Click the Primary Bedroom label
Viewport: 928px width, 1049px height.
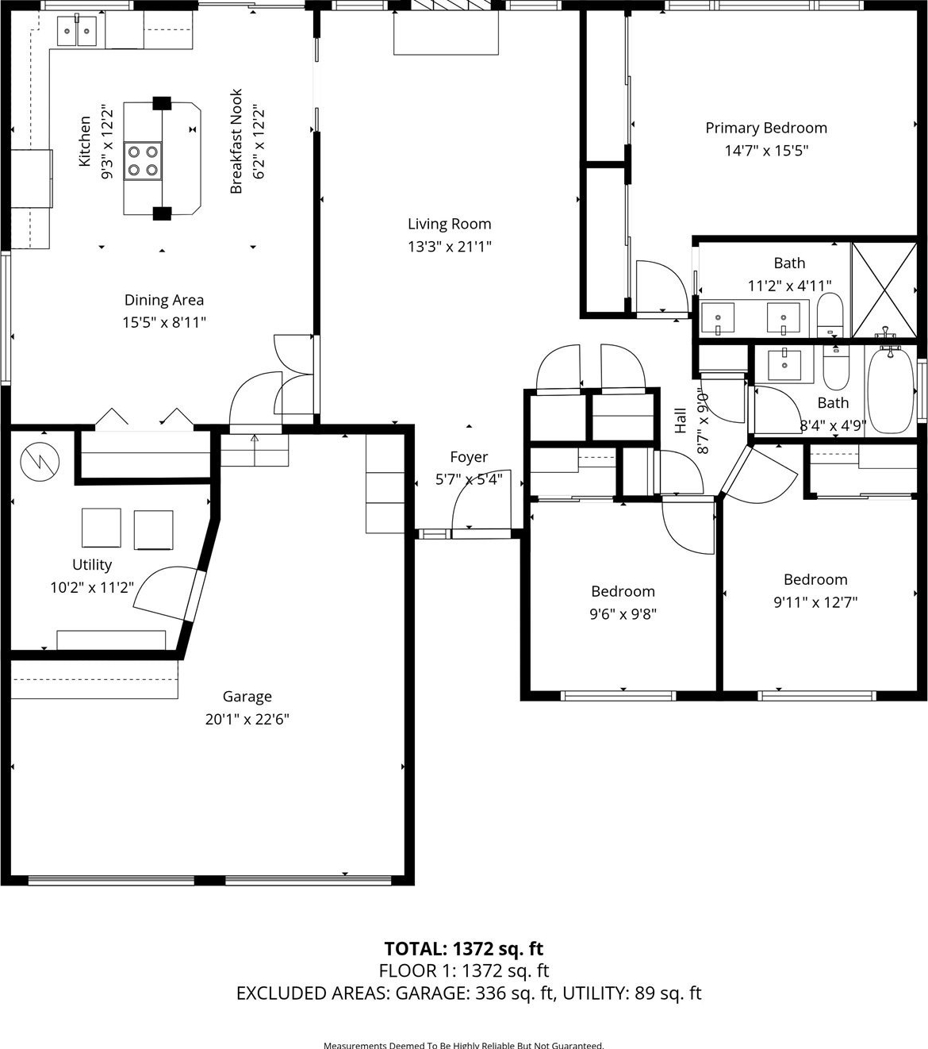click(x=766, y=128)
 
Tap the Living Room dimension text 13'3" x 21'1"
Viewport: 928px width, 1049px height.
click(x=449, y=247)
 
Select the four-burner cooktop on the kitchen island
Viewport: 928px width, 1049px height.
click(x=142, y=160)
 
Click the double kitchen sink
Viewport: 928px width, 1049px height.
click(x=77, y=31)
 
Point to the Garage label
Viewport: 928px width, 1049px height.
click(x=247, y=697)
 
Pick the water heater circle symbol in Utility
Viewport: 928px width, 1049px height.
click(x=40, y=461)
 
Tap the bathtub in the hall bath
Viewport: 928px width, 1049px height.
click(x=890, y=390)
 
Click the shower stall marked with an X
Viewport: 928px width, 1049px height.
click(x=884, y=290)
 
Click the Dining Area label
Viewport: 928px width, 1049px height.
click(x=164, y=300)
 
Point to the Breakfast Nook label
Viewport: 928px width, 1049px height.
click(x=236, y=141)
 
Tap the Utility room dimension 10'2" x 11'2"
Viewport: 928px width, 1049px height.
click(x=92, y=588)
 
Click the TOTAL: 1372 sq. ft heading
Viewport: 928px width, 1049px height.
click(x=464, y=948)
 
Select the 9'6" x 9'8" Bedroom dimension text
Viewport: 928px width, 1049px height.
click(x=623, y=614)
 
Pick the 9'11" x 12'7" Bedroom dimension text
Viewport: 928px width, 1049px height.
click(x=815, y=602)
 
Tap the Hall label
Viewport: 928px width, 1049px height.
click(x=680, y=420)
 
